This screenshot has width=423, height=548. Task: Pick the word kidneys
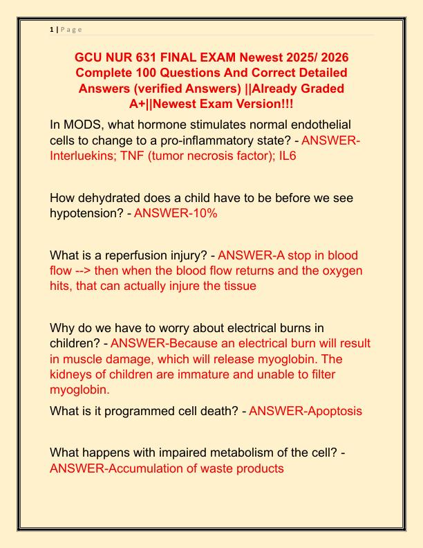click(80, 374)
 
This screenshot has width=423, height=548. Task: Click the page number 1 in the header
click(52, 29)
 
